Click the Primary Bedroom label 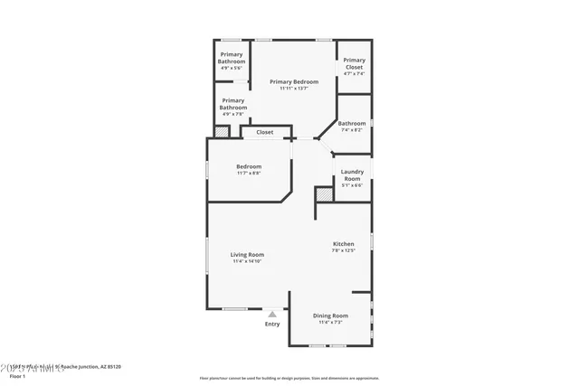point(293,81)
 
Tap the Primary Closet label point(354,63)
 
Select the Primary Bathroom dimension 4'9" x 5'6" point(233,68)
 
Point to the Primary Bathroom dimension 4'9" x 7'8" point(233,114)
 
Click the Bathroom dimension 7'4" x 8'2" point(352,130)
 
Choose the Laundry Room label point(352,174)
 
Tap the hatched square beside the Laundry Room point(323,194)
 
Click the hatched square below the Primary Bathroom point(221,132)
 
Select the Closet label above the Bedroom point(264,132)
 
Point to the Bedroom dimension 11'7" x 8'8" point(249,173)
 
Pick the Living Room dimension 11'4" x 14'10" point(247,261)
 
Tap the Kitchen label point(343,244)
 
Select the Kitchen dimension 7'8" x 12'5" point(343,251)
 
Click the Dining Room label point(329,315)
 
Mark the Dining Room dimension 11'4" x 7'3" point(329,322)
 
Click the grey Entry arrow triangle point(271,314)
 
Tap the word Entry point(271,324)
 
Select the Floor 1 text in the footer point(17,375)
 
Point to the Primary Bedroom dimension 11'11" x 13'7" point(293,89)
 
